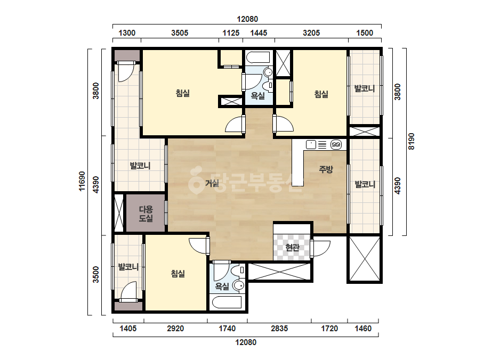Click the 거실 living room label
coord(212,183)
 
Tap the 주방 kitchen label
coord(326,169)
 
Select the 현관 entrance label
coord(293,248)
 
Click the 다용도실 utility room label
coord(146,214)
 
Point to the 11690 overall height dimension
coord(82,181)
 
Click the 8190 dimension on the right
coord(411,142)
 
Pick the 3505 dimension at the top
coord(180,33)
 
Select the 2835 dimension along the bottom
coord(279,329)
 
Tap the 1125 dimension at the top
coord(231,33)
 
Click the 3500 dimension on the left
coord(96,274)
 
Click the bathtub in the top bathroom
coord(258,58)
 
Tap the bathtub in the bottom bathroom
coord(227,302)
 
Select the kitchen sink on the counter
coord(311,144)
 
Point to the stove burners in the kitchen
coord(336,144)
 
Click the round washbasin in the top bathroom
coord(268,72)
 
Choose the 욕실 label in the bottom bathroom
coord(222,287)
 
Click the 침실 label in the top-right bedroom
coord(321,94)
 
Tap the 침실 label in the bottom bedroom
coord(178,273)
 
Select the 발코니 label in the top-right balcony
coord(365,88)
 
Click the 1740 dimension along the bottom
coord(227,329)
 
